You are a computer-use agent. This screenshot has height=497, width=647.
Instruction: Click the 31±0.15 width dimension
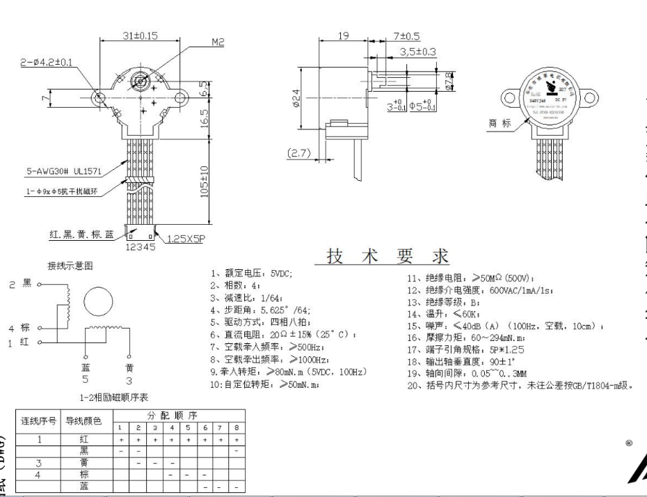(140, 35)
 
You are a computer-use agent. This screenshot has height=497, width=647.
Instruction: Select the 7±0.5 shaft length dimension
(406, 35)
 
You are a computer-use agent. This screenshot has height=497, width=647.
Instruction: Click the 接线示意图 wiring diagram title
(69, 266)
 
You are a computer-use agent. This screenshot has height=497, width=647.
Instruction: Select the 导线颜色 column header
(83, 420)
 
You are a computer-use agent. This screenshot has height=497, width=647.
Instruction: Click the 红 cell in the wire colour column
(83, 440)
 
